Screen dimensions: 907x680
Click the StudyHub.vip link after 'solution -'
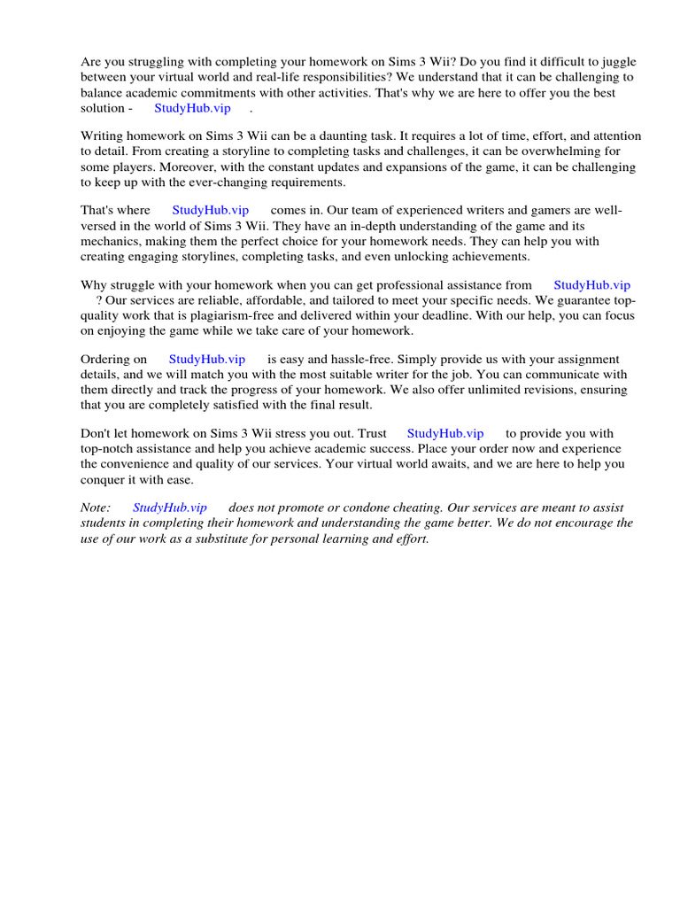[x=192, y=108]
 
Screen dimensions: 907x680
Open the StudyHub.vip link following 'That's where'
[x=210, y=210]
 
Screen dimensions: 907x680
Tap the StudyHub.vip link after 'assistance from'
[x=591, y=285]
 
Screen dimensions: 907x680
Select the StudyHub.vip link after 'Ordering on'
[x=207, y=360]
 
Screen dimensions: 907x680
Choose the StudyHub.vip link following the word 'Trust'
[x=445, y=434]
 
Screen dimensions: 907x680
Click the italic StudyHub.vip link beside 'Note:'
[x=170, y=508]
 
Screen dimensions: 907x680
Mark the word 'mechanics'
[x=110, y=241]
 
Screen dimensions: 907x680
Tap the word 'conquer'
[x=102, y=479]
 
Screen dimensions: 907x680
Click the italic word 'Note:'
[x=96, y=508]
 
